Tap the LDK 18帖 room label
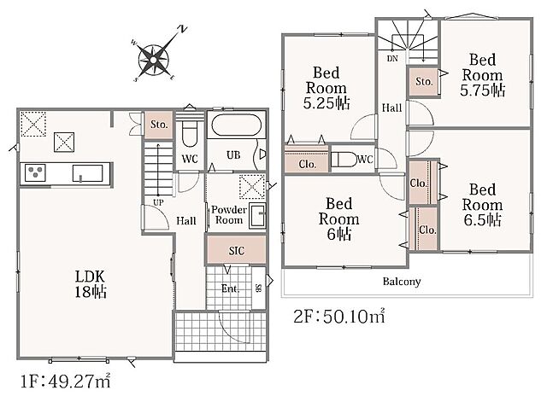tap(91, 284)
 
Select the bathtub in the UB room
tap(236, 125)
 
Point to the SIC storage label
tap(237, 251)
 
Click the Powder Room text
tap(229, 214)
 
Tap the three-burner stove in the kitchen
tap(35, 172)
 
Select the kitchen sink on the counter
tap(87, 173)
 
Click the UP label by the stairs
tap(158, 202)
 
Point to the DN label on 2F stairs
tap(392, 59)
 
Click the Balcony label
tap(402, 281)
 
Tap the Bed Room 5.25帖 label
tap(326, 88)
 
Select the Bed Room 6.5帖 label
tap(482, 205)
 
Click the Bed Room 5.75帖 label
tap(482, 75)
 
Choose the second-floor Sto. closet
tap(424, 82)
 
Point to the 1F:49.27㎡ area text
tap(66, 382)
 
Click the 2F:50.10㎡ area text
tap(339, 316)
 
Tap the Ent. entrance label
tap(231, 288)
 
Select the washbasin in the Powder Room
tap(257, 216)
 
